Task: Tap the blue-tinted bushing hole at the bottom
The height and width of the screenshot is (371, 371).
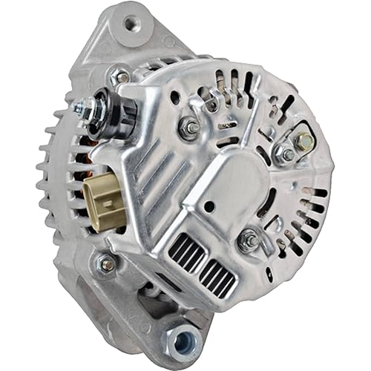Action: tap(183, 342)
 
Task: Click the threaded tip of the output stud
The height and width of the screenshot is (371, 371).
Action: tap(78, 107)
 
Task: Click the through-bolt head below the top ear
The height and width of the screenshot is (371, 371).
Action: tap(119, 76)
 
